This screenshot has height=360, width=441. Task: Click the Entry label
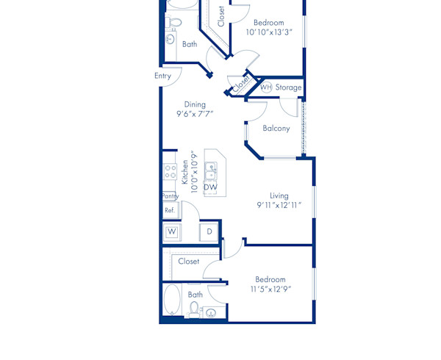pos(163,76)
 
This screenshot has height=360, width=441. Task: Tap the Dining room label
pos(195,104)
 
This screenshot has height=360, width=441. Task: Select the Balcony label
pos(276,128)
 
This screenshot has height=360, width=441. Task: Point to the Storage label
pos(289,87)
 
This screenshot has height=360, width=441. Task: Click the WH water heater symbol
pos(265,87)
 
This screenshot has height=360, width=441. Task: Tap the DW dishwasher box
pos(210,187)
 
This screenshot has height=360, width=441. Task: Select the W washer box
pos(172,232)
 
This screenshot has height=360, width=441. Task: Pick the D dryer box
pos(209,232)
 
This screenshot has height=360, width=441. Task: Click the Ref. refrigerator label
pos(170,210)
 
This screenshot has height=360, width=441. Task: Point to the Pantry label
pos(170,196)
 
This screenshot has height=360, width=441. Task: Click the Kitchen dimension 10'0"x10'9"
pos(194,171)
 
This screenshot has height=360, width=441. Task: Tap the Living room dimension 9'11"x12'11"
pos(279,206)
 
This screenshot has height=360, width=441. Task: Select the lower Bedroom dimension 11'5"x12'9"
pos(270,289)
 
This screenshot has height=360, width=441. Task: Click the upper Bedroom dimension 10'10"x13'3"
pos(268,32)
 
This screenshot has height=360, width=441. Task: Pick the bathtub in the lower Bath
pos(171,301)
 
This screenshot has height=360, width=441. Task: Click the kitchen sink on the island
pos(210,171)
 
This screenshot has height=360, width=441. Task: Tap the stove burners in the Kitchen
pos(169,173)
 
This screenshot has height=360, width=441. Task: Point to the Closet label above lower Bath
pos(189,261)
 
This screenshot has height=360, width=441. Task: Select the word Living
pos(279,195)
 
